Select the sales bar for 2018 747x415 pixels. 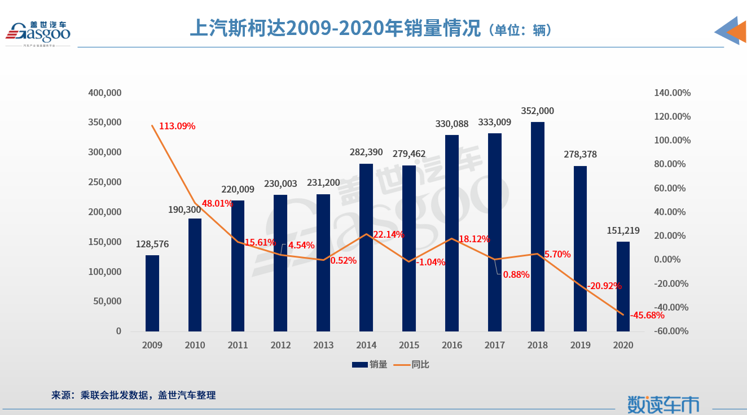538,226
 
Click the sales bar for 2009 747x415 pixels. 152,293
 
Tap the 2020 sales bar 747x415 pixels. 623,286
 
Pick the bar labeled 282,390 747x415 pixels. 366,247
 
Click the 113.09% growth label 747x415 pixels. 177,126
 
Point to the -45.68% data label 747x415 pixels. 647,315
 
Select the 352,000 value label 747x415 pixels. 538,111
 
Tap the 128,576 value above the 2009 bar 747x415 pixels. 152,244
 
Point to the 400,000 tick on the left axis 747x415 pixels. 105,93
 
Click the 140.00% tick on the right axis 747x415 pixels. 673,93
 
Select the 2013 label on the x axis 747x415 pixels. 323,345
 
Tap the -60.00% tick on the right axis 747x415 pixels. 671,331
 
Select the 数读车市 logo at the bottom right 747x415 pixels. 663,404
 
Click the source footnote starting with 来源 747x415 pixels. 134,395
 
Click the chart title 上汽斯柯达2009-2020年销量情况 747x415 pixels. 335,28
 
